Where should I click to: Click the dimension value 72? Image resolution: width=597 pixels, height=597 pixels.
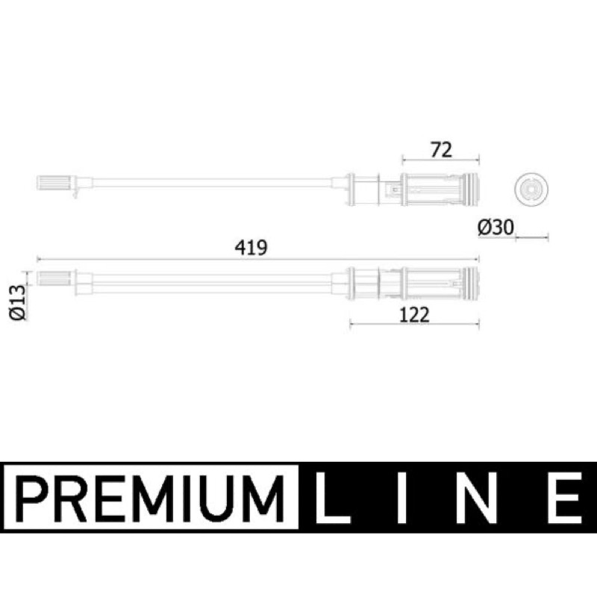tap(441, 150)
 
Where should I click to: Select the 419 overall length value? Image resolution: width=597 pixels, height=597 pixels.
tap(251, 248)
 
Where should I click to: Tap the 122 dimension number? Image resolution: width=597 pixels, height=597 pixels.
tap(414, 315)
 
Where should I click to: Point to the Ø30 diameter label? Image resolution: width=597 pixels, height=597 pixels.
tap(496, 228)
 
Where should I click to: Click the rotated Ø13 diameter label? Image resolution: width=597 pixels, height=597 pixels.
tap(18, 303)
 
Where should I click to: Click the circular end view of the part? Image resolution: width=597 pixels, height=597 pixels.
tap(531, 190)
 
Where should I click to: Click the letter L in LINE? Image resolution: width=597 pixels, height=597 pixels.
tap(332, 498)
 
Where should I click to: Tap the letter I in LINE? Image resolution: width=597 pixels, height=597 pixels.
tap(402, 498)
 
